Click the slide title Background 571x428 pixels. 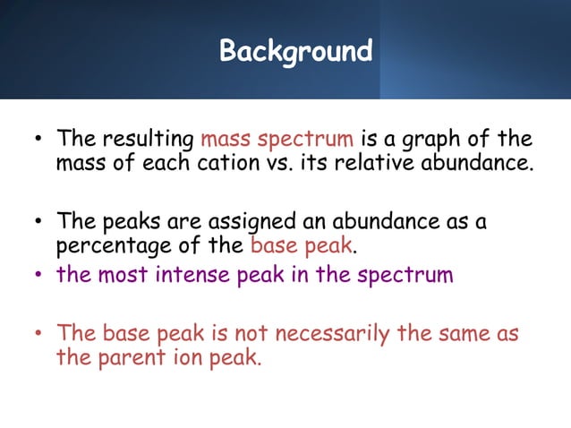[x=295, y=51]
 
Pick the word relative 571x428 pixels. [x=405, y=165]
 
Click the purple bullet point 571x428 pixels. [x=38, y=275]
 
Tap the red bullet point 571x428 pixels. [x=38, y=335]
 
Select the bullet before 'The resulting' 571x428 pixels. [x=38, y=141]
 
